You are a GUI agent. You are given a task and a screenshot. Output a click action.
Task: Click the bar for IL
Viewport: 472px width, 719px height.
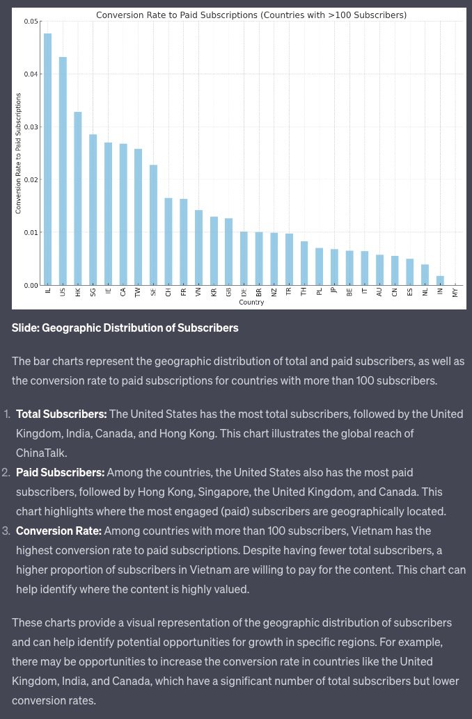tap(47, 159)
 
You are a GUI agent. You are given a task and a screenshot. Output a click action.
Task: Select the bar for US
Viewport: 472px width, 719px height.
tap(63, 171)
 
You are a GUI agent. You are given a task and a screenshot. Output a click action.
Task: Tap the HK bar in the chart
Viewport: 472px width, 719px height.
tap(78, 198)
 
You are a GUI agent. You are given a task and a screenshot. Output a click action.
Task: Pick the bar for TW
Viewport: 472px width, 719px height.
tap(138, 217)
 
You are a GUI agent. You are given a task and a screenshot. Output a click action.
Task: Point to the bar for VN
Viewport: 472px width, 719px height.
tap(198, 248)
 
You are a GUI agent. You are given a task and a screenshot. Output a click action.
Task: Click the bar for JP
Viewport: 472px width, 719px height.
tap(334, 267)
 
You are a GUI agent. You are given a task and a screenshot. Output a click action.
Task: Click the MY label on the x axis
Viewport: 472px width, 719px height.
tap(455, 293)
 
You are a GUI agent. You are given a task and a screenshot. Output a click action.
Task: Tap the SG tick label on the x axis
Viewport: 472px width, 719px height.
tap(93, 293)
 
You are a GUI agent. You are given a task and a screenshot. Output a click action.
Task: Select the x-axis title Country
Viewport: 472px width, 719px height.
tap(251, 302)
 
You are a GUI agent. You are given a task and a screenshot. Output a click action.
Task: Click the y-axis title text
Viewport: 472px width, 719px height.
tap(19, 153)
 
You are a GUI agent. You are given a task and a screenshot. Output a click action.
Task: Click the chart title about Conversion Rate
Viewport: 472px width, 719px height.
tap(251, 15)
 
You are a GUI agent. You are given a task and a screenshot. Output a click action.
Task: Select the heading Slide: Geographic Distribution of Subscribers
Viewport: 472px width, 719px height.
tap(125, 328)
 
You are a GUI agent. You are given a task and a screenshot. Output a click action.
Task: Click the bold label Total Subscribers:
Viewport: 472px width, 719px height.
tap(61, 414)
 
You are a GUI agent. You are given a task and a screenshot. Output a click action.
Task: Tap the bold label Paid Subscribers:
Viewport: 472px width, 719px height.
tap(60, 472)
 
